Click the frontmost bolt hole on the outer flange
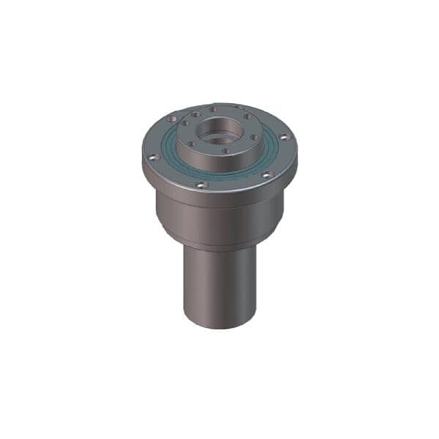click(202, 184)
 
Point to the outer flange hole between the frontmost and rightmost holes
click(266, 174)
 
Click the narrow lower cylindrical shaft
click(219, 285)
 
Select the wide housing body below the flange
click(219, 216)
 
